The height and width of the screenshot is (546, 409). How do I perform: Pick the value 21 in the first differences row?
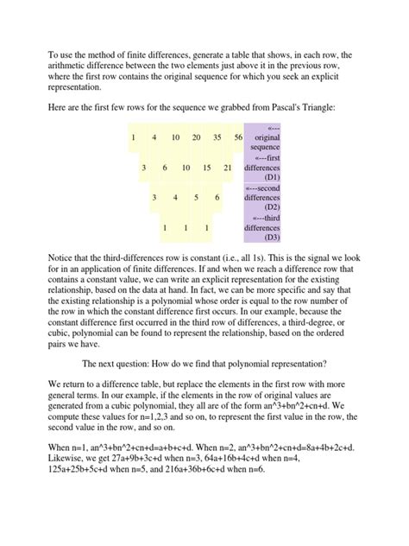click(228, 167)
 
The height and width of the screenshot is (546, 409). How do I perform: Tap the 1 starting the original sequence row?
click(134, 136)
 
